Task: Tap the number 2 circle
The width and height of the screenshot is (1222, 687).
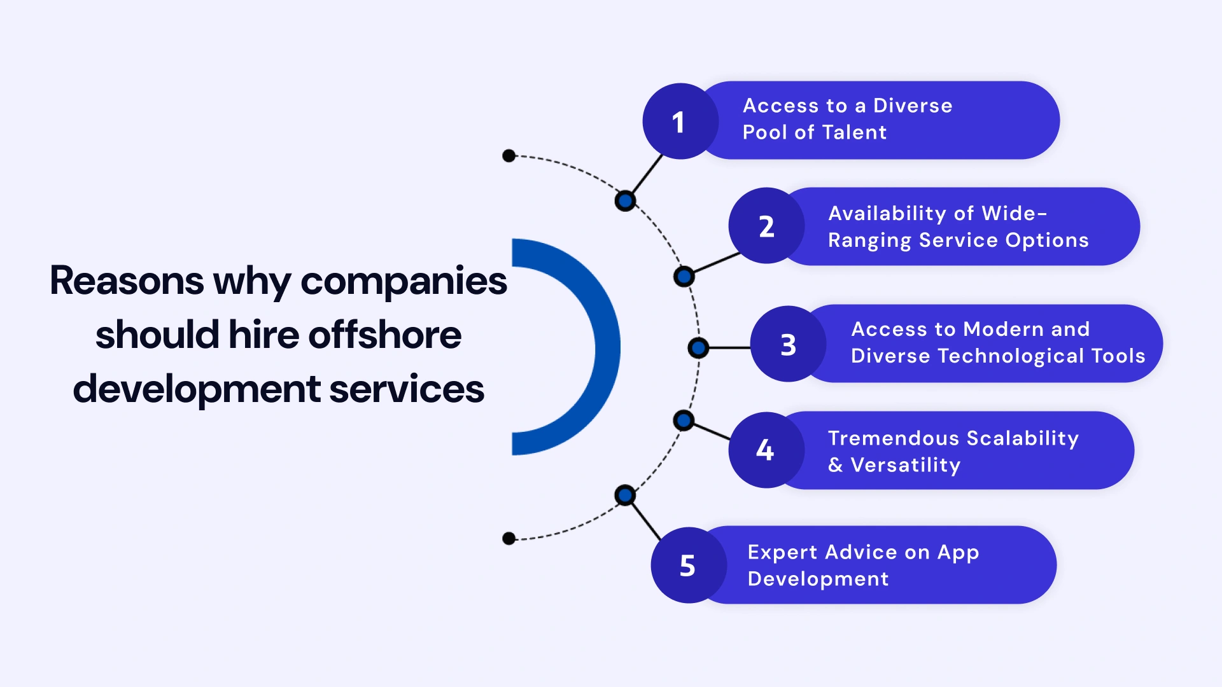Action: coord(766,226)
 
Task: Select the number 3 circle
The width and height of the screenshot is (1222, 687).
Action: coord(788,344)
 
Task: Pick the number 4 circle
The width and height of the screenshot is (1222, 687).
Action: coord(766,450)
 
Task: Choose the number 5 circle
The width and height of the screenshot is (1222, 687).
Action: coord(688,565)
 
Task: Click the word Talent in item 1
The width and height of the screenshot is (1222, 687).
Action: coord(854,132)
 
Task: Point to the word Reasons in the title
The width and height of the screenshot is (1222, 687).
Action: coord(127,281)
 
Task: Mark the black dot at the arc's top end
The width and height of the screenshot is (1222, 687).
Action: coord(509,156)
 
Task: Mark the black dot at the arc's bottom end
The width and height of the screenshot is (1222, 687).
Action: coord(509,539)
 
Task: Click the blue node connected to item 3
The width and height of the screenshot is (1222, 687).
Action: coord(698,348)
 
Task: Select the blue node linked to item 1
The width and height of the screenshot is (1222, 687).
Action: coord(626,201)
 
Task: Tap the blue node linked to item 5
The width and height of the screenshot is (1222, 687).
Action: coord(626,495)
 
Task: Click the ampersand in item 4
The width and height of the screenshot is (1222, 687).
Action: coord(835,466)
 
